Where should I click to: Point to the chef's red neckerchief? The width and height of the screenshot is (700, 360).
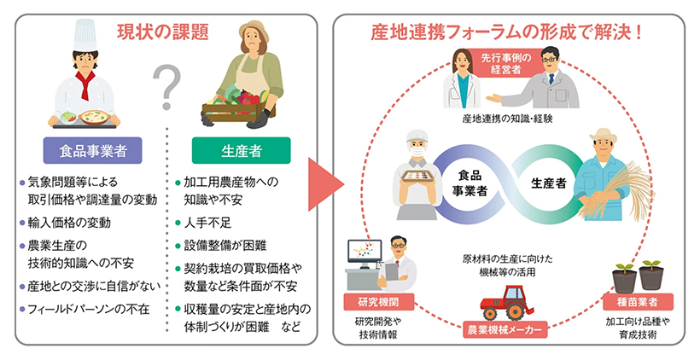89,83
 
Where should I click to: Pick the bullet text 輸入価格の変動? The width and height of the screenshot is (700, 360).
70,223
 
